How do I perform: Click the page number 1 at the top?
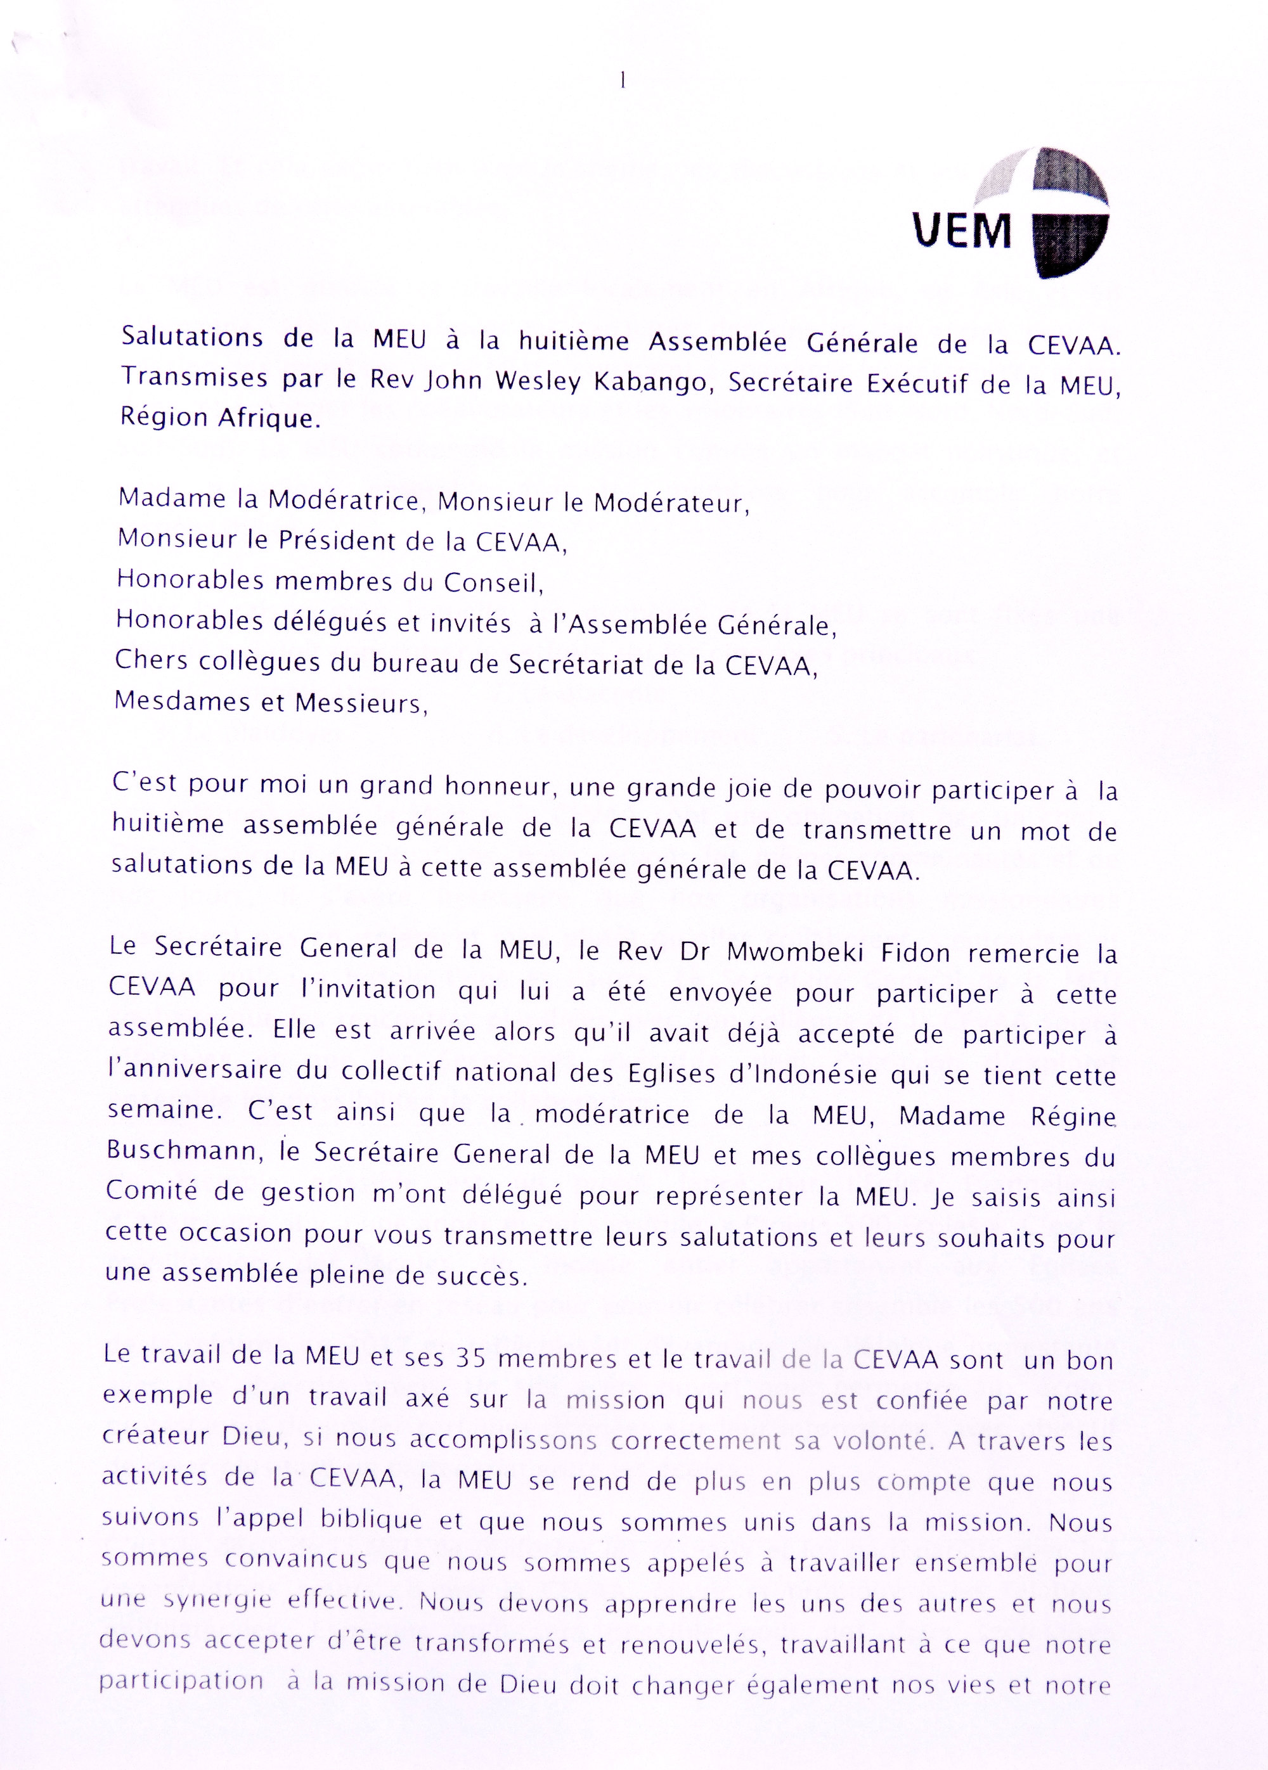623,80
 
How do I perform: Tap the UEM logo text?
962,231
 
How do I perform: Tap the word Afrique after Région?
269,418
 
